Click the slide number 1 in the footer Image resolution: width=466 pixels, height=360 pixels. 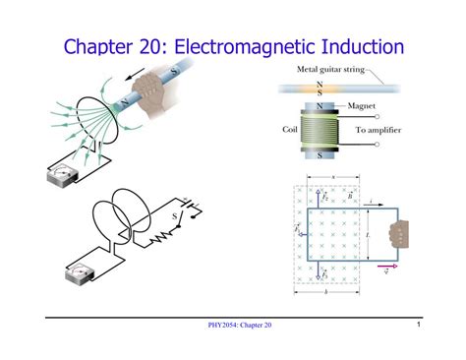(418, 325)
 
